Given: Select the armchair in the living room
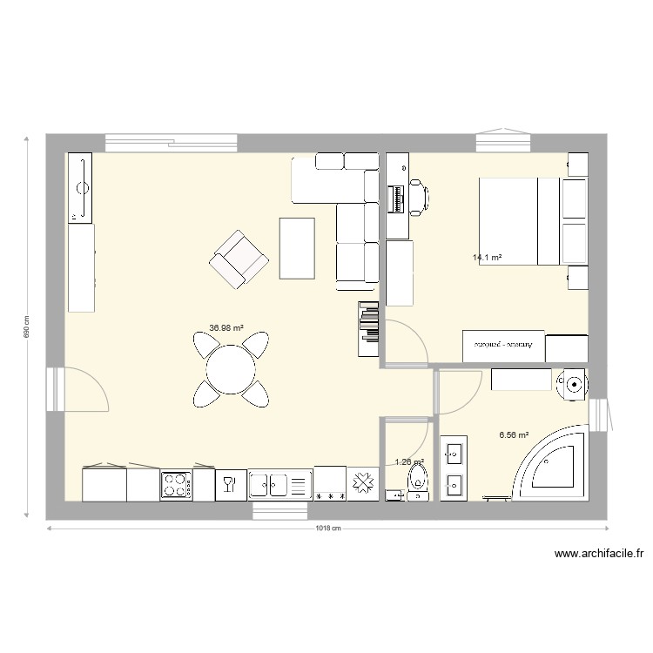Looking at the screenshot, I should [237, 259].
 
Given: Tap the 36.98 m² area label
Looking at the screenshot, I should [226, 328].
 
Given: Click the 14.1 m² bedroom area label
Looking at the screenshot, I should [488, 258].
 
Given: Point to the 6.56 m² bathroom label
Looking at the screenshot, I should [514, 434].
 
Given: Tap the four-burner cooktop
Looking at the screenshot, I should [176, 485].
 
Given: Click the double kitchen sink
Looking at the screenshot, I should [279, 484].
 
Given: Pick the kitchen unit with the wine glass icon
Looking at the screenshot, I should [231, 484].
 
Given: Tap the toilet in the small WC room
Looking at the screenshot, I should [420, 480].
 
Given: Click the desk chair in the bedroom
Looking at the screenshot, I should [418, 197].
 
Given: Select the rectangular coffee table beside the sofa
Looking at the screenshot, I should [297, 247].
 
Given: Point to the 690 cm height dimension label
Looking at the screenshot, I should [27, 326].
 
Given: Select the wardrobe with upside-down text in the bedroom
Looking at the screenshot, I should [503, 345].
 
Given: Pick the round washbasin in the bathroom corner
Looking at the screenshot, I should [573, 382].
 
